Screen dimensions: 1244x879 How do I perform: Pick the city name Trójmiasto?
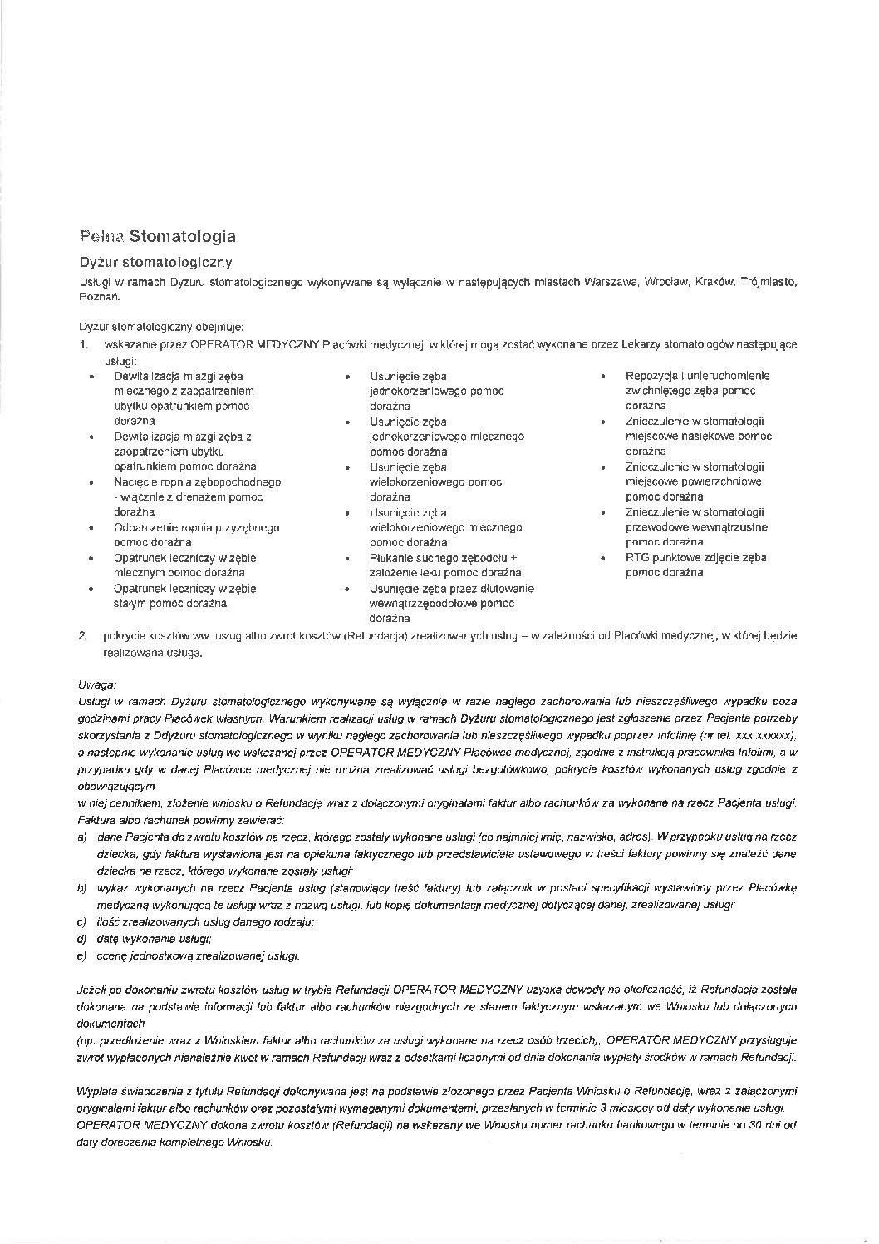click(x=768, y=283)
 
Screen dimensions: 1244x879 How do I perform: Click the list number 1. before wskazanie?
click(x=83, y=344)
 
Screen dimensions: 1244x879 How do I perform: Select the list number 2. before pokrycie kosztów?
click(x=83, y=636)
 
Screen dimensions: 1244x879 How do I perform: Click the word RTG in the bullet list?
click(x=637, y=558)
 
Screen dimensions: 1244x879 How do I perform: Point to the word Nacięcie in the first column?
click(x=134, y=482)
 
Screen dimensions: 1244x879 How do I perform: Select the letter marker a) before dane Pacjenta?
click(x=81, y=837)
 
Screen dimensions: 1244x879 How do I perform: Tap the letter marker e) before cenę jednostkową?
click(x=81, y=956)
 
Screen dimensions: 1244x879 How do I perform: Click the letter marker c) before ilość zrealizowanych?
click(x=81, y=922)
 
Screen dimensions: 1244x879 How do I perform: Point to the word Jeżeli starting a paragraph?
click(x=92, y=990)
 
